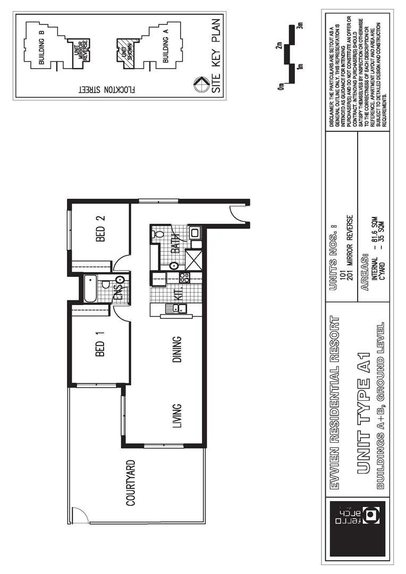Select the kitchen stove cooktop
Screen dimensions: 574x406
pyautogui.click(x=184, y=277)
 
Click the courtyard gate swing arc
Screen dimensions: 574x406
pyautogui.click(x=80, y=514)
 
